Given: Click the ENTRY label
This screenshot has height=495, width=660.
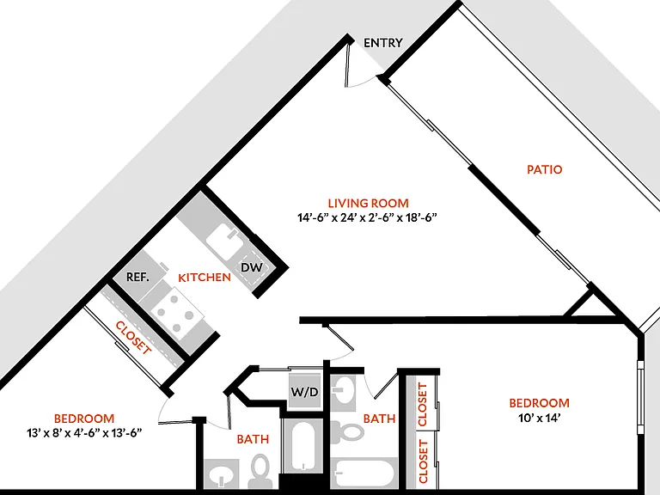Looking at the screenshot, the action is [383, 42].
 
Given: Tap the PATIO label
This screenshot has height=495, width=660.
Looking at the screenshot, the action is [544, 169].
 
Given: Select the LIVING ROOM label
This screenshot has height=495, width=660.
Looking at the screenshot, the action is [369, 204].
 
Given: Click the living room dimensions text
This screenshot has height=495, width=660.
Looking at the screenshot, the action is [368, 217].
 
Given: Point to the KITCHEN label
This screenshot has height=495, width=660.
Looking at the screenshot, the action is [205, 278].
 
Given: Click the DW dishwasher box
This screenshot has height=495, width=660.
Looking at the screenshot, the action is [252, 267].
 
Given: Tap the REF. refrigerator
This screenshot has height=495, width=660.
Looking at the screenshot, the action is [138, 275].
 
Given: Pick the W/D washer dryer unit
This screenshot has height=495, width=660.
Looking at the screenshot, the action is [305, 392].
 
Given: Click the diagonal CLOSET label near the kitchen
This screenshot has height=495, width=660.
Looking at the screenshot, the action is [133, 338].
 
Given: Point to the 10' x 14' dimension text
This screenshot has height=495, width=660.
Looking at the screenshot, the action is [539, 418].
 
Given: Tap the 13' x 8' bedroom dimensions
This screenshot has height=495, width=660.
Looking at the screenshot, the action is [83, 433].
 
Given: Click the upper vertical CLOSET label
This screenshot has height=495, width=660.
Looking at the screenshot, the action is [423, 404].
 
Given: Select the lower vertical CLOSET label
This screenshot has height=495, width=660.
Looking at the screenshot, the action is [423, 461].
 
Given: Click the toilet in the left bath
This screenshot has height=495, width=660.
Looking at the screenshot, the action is [260, 471].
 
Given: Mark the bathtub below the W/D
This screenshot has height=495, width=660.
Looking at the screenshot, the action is [303, 446].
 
